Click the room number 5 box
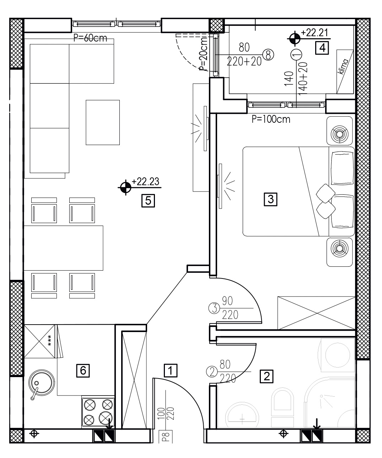point(148,200)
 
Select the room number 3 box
point(270,199)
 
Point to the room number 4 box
point(322,48)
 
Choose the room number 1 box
point(171,370)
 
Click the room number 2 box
point(267,376)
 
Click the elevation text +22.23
point(145,182)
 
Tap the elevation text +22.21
point(314,33)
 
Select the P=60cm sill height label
point(90,38)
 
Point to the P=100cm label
point(271,119)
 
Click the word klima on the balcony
point(343,66)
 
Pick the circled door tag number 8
point(268,55)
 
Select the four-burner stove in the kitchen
point(98,412)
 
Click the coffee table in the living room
point(103,122)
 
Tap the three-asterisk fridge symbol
point(49,341)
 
